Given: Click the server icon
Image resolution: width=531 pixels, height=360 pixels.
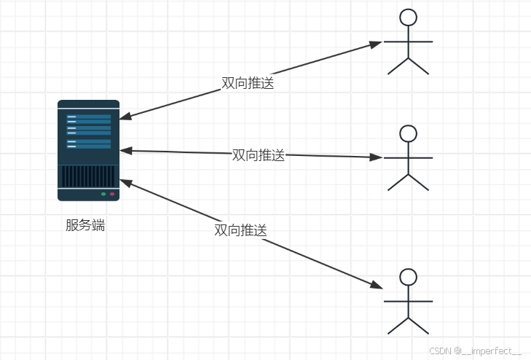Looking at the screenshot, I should pyautogui.click(x=88, y=150).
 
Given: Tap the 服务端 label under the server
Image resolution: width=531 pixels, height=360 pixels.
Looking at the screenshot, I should pyautogui.click(x=85, y=225).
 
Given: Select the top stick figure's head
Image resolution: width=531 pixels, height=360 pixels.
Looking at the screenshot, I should pyautogui.click(x=409, y=17).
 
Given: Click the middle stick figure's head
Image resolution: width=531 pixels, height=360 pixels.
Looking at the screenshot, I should pyautogui.click(x=409, y=133).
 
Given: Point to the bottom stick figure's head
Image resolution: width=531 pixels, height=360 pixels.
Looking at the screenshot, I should pyautogui.click(x=409, y=277).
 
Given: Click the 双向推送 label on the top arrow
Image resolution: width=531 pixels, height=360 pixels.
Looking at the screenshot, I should pyautogui.click(x=248, y=83).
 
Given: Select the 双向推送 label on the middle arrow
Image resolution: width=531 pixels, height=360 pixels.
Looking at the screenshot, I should pyautogui.click(x=258, y=155).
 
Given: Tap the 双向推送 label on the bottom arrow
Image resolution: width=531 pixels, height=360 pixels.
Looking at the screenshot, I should pyautogui.click(x=240, y=230).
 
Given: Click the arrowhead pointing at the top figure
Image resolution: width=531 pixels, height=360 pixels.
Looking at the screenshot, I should pyautogui.click(x=375, y=44).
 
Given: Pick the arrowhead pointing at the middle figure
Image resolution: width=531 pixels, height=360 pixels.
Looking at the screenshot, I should pyautogui.click(x=375, y=157).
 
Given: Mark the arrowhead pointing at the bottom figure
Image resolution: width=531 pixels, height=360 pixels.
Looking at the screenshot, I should pyautogui.click(x=375, y=285).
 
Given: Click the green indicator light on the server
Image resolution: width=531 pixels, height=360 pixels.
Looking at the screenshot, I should pyautogui.click(x=103, y=194).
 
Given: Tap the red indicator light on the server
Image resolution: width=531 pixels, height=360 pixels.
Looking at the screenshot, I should pyautogui.click(x=111, y=194).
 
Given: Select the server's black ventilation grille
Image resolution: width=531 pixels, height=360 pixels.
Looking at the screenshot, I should pyautogui.click(x=88, y=176).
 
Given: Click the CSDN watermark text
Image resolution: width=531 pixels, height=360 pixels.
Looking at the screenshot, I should pyautogui.click(x=476, y=351).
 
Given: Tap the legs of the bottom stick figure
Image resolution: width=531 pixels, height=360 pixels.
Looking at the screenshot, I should pyautogui.click(x=409, y=326).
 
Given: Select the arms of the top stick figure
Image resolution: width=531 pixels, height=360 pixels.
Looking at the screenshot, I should pyautogui.click(x=409, y=42).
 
